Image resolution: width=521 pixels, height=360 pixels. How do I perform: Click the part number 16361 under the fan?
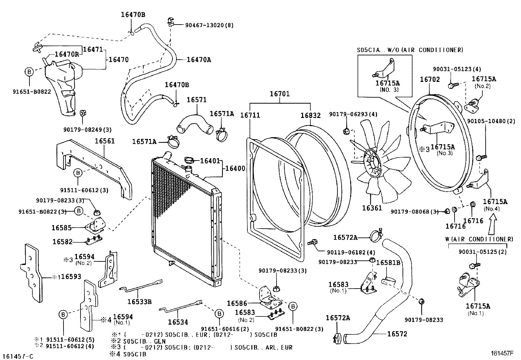(372, 208)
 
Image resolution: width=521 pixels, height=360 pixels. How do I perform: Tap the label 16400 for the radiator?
(235, 168)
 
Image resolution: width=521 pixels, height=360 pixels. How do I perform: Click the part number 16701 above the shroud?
(279, 94)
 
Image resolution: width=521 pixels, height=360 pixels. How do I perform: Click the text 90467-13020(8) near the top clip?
(209, 25)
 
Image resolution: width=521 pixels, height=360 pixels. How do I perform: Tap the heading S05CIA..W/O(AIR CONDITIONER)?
(410, 50)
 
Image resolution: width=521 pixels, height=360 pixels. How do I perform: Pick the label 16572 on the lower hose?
(397, 334)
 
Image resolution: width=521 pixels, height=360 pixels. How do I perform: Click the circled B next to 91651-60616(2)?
(218, 314)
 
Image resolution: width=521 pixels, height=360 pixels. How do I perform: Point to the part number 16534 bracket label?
(178, 322)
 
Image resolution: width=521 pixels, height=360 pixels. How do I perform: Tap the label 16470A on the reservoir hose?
(199, 60)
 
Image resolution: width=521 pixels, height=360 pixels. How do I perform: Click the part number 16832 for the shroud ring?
(311, 115)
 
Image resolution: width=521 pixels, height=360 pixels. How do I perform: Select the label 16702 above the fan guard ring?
(430, 79)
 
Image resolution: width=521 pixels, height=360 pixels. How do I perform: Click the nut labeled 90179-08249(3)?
(83, 113)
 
